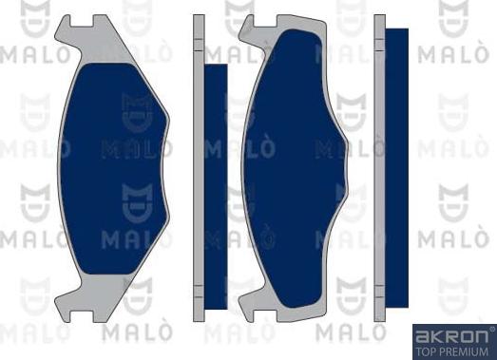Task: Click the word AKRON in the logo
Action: click(448, 335)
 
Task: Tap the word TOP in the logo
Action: click(425, 350)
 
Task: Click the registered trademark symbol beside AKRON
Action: click(490, 329)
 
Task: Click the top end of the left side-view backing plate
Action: click(199, 19)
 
